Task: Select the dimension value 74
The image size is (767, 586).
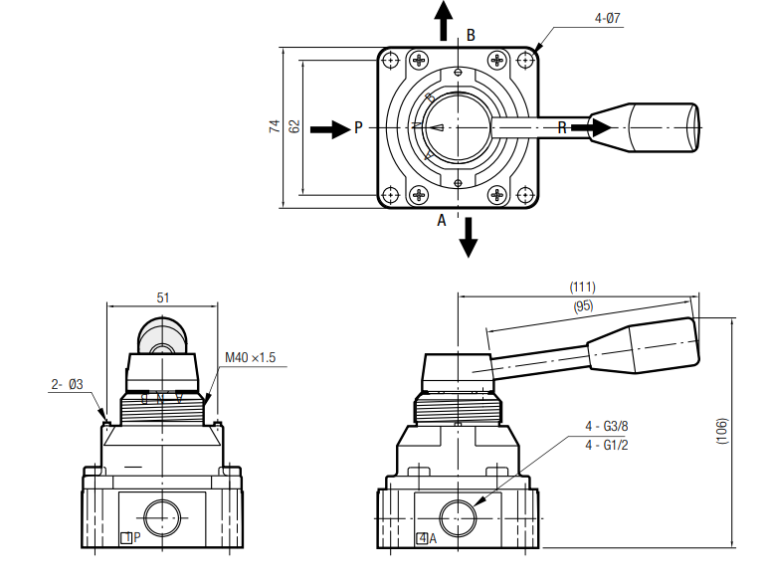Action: pyautogui.click(x=273, y=126)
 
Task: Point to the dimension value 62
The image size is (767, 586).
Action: pyautogui.click(x=293, y=126)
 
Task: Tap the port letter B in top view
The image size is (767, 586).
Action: pyautogui.click(x=471, y=35)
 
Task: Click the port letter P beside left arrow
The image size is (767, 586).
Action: pyautogui.click(x=358, y=128)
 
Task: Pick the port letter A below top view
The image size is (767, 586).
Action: pyautogui.click(x=443, y=221)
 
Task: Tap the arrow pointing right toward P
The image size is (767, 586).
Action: pyautogui.click(x=328, y=128)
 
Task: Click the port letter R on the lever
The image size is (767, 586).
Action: pyautogui.click(x=562, y=127)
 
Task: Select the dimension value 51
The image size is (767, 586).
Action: pyautogui.click(x=163, y=296)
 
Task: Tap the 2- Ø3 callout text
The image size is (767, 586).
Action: pyautogui.click(x=68, y=384)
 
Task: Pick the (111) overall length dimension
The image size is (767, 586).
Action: pyautogui.click(x=582, y=288)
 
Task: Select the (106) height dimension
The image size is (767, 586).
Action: pyautogui.click(x=723, y=430)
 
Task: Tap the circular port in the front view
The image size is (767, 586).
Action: pyautogui.click(x=160, y=517)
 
